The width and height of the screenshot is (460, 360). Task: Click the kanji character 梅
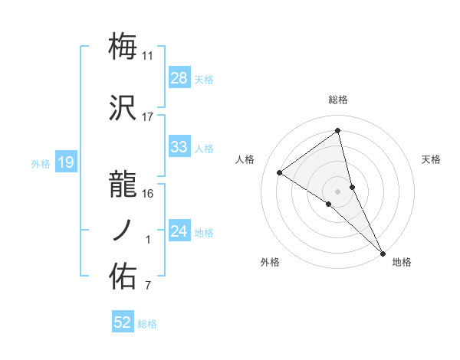pyautogui.click(x=123, y=47)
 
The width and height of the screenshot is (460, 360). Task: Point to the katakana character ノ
pyautogui.click(x=123, y=230)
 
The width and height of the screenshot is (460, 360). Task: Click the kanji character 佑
pyautogui.click(x=123, y=275)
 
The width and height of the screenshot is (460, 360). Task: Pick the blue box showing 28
pyautogui.click(x=179, y=78)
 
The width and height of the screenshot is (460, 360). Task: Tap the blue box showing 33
pyautogui.click(x=179, y=147)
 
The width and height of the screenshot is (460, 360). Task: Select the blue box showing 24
pyautogui.click(x=179, y=231)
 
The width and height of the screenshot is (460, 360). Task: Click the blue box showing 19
pyautogui.click(x=65, y=162)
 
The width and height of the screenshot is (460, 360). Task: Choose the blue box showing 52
pyautogui.click(x=123, y=322)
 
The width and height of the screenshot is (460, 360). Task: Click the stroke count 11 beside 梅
pyautogui.click(x=148, y=56)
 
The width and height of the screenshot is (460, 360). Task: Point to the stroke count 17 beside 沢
pyautogui.click(x=148, y=117)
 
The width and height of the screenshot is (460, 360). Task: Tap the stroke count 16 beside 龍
pyautogui.click(x=148, y=193)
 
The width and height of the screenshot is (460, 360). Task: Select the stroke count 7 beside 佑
pyautogui.click(x=148, y=286)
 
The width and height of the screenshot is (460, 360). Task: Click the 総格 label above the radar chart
pyautogui.click(x=338, y=100)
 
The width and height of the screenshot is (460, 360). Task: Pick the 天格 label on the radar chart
pyautogui.click(x=431, y=159)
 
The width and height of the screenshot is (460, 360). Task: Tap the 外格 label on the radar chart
pyautogui.click(x=270, y=262)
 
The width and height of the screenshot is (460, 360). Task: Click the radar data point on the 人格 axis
pyautogui.click(x=280, y=172)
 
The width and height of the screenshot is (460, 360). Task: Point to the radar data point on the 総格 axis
pyautogui.click(x=338, y=130)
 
